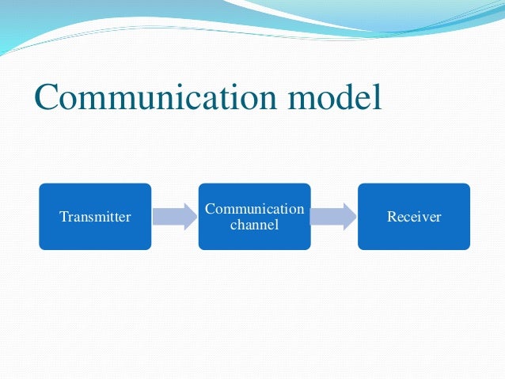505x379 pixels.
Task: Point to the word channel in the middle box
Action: point(254,225)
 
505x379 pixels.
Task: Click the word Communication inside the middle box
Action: point(254,209)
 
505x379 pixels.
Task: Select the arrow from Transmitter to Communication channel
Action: point(173,216)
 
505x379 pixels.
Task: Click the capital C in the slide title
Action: point(47,97)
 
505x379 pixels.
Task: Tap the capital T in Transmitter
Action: point(63,216)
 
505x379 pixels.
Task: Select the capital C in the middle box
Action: point(209,209)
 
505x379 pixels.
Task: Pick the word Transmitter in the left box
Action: point(95,216)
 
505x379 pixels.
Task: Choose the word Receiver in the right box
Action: point(414,216)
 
